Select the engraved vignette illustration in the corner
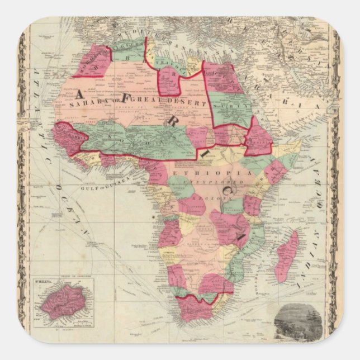point(296,321)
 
